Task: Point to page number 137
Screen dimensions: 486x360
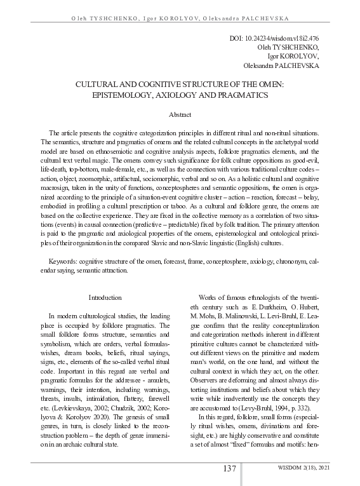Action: click(230, 468)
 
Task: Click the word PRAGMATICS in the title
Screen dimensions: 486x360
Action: click(242, 95)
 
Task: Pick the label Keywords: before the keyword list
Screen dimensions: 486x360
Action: click(65, 262)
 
